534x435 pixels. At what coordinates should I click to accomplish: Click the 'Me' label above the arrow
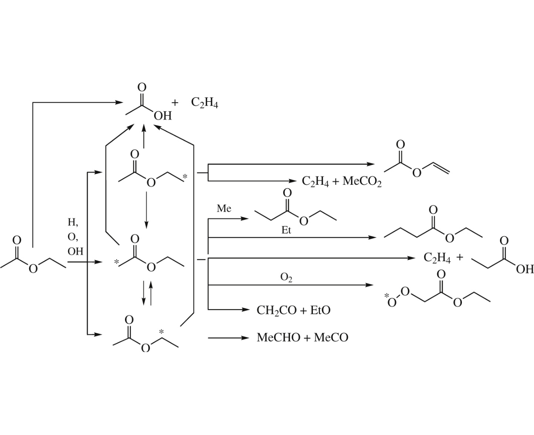pyautogui.click(x=224, y=208)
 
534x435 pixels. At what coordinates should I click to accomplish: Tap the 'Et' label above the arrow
pyautogui.click(x=286, y=230)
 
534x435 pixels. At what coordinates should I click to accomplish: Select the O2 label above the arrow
pyautogui.click(x=286, y=277)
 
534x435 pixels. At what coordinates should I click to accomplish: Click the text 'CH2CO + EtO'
pyautogui.click(x=293, y=310)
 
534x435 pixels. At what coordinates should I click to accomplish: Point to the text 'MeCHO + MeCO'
pyautogui.click(x=302, y=338)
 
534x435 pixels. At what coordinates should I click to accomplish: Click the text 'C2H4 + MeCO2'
pyautogui.click(x=342, y=182)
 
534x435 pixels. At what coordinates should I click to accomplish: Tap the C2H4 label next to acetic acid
pyautogui.click(x=204, y=103)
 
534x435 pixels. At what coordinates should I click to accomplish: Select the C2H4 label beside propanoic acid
pyautogui.click(x=437, y=258)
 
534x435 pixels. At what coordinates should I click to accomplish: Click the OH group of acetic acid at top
pyautogui.click(x=162, y=116)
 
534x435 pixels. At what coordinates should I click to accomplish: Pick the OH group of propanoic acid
pyautogui.click(x=525, y=269)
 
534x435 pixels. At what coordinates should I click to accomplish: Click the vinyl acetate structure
pyautogui.click(x=417, y=160)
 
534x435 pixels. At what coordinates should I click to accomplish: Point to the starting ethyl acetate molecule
pyautogui.click(x=33, y=257)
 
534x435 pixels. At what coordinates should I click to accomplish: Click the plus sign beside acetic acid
pyautogui.click(x=175, y=103)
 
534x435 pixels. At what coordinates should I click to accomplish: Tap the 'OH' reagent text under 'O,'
pyautogui.click(x=75, y=251)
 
